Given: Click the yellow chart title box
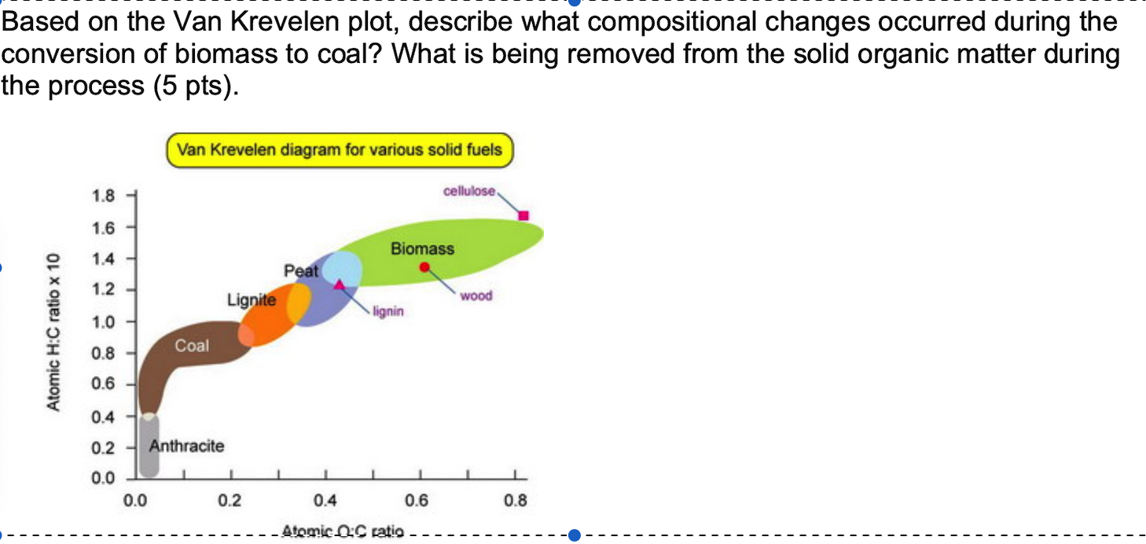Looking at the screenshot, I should [x=340, y=150].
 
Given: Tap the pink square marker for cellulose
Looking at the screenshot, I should [x=523, y=215].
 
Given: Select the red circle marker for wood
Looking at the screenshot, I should [x=424, y=267].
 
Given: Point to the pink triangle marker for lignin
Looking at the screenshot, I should [x=340, y=284].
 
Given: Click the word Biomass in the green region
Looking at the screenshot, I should [x=422, y=249].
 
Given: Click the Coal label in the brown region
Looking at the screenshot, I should [x=192, y=346].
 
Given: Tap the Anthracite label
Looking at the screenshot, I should [x=186, y=447].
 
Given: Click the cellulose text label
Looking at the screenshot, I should [x=469, y=191].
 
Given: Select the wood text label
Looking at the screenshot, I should [x=476, y=296].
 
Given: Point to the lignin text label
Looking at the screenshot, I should [x=388, y=311].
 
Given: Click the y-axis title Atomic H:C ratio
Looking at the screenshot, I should [x=53, y=330].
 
